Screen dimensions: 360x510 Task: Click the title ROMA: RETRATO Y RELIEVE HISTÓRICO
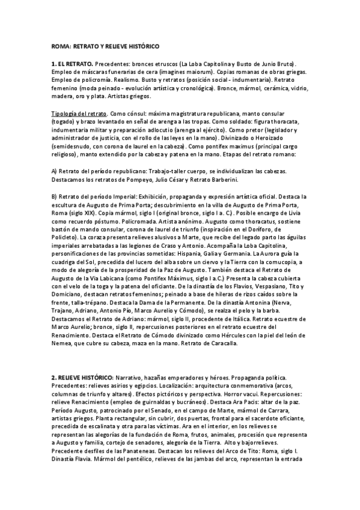click(105, 46)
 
